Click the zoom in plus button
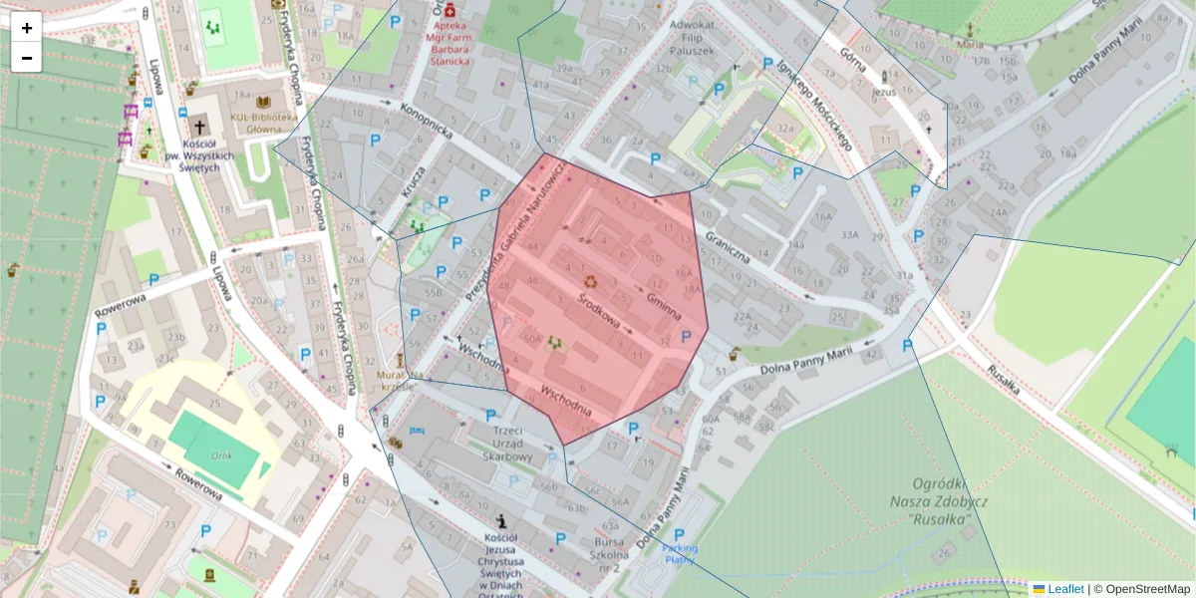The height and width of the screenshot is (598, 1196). coord(27,28)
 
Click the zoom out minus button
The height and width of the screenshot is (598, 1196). coord(27,58)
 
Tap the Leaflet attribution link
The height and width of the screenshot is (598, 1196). coord(1064,589)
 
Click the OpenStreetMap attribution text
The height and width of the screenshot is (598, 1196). coord(1147,589)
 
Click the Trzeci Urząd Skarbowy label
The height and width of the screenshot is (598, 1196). coord(507,444)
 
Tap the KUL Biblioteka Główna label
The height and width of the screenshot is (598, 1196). coord(264,123)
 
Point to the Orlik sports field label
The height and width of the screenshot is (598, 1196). coord(221,454)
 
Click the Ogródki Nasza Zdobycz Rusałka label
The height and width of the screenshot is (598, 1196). coord(926,502)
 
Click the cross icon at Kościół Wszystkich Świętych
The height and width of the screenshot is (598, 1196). coord(200,128)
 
